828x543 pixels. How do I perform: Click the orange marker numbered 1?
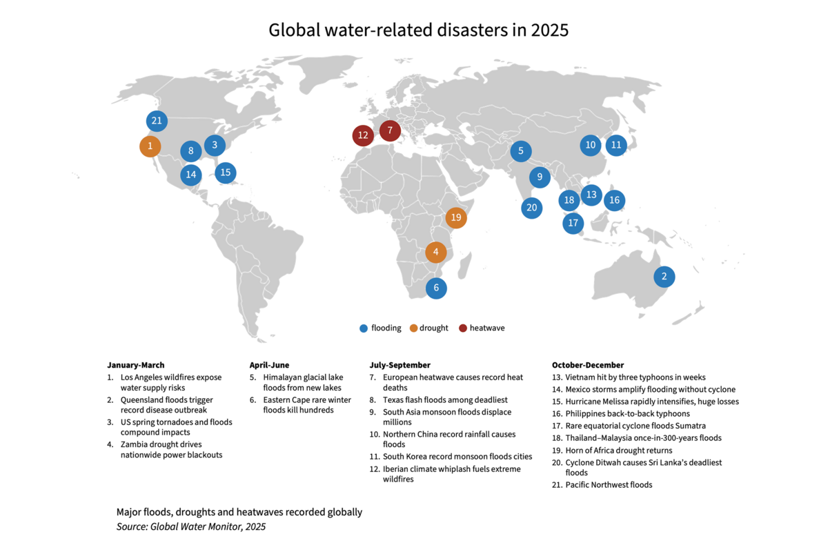(150, 146)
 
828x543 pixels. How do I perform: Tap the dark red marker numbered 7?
(390, 130)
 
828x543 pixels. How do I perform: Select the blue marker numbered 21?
(157, 121)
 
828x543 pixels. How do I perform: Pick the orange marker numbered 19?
(455, 218)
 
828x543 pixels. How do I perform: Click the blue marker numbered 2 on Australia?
(664, 277)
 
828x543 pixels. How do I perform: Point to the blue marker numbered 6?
(435, 288)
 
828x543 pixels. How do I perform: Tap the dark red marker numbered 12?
(363, 135)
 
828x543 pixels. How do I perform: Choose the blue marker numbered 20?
(531, 207)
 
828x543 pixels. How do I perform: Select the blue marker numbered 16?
(614, 200)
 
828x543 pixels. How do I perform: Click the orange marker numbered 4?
(435, 252)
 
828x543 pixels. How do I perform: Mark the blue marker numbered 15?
(225, 172)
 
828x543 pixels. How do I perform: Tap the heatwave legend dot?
(463, 328)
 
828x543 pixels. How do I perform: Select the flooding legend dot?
(364, 328)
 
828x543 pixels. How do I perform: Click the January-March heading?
(136, 365)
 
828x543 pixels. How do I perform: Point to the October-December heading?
(588, 365)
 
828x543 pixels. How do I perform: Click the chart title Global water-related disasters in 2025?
(418, 30)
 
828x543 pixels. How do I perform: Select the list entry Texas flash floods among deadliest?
(445, 400)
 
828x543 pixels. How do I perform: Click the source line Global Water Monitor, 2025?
(191, 527)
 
